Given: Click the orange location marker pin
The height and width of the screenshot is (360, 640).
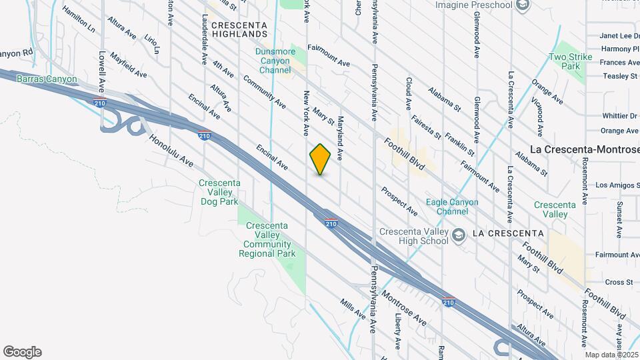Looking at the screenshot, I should tap(321, 159).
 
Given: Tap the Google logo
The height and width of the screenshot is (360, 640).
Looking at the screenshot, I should tap(22, 352).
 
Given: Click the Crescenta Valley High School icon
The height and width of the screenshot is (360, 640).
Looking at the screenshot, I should tap(459, 234).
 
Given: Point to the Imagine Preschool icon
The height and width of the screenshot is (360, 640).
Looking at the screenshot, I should tap(523, 5).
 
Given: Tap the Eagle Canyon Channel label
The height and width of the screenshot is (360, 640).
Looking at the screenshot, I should tap(457, 207).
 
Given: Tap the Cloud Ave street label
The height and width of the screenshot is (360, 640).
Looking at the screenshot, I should tap(408, 94).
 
